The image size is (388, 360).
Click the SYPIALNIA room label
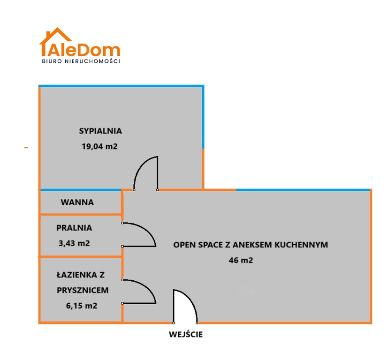(100, 131)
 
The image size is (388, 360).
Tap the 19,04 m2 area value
(99, 146)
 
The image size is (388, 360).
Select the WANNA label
(77, 202)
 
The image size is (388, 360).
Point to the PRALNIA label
(74, 228)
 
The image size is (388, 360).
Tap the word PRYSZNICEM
(83, 290)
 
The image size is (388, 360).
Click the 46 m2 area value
(241, 260)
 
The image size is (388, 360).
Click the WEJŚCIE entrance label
(186, 335)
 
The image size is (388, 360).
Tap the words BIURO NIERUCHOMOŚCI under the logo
(81, 61)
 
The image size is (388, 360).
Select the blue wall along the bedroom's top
(121, 86)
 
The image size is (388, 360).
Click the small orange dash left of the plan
(26, 148)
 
